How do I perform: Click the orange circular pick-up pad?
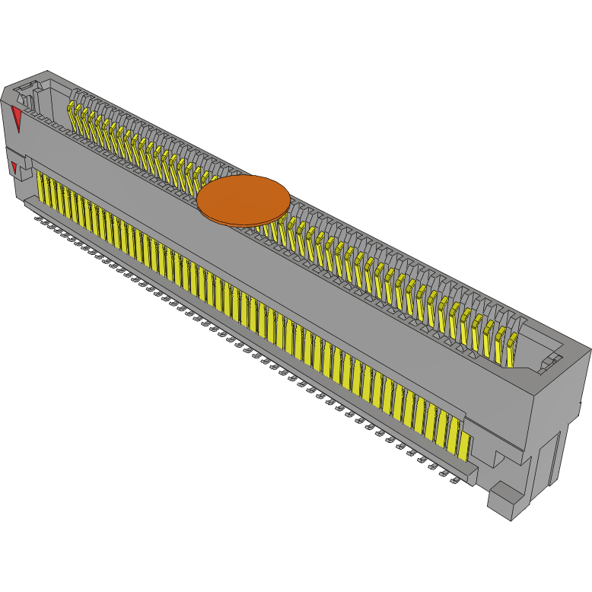coord(243,199)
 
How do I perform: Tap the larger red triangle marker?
coord(17,118)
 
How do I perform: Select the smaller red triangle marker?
coord(13,167)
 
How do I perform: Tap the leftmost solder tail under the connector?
coord(39,216)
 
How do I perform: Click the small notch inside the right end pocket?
coord(549,364)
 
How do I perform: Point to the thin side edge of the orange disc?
coord(243,223)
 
